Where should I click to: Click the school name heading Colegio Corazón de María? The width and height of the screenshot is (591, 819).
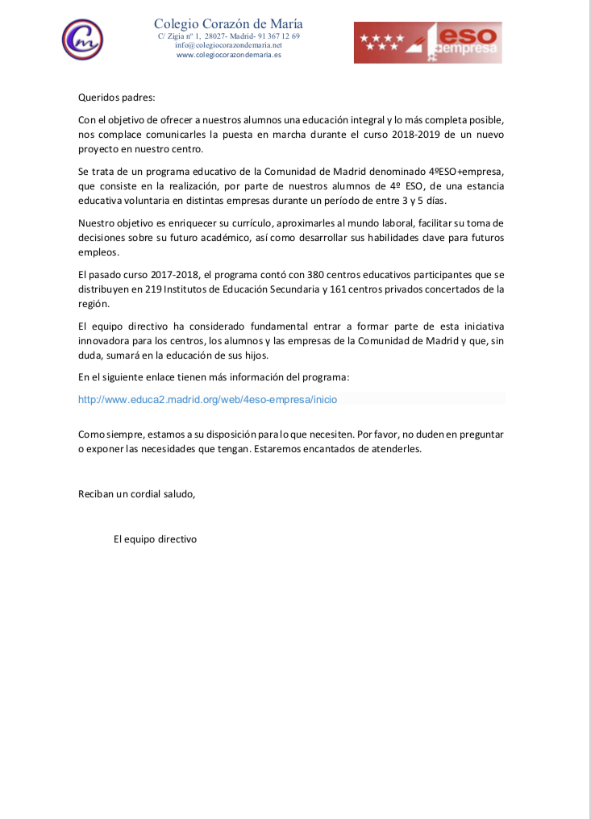coord(228,24)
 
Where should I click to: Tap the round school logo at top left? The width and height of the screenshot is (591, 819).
coord(83,37)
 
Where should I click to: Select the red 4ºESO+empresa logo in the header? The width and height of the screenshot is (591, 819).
coord(427,42)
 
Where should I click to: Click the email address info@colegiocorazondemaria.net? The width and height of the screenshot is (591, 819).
coord(228,46)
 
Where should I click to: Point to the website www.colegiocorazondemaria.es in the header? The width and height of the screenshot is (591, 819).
coord(228,56)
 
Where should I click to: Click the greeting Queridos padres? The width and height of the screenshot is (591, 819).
coord(116,98)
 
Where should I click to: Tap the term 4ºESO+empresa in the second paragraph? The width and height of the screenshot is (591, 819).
coord(466,172)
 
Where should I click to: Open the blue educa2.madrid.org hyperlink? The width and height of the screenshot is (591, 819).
coord(207,399)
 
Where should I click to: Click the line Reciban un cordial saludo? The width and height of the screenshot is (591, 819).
coord(136,493)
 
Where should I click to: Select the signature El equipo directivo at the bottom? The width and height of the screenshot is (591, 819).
coord(155,538)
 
